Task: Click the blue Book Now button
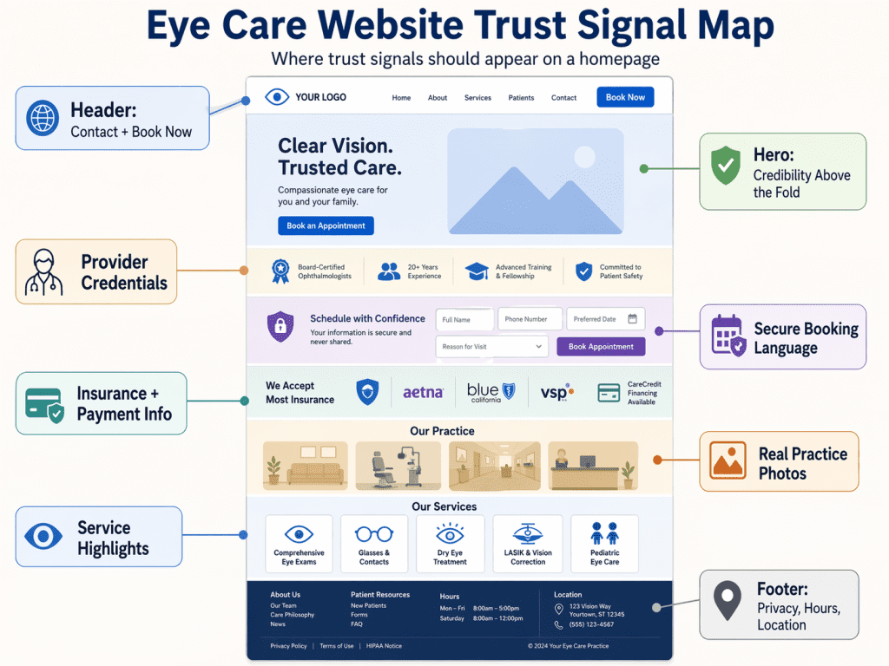(x=625, y=97)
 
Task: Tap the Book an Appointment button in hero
(x=326, y=225)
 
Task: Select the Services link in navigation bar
(x=477, y=98)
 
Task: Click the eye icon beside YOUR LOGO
(x=276, y=97)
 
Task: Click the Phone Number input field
(x=530, y=319)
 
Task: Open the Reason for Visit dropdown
(x=492, y=347)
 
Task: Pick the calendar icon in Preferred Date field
(x=633, y=318)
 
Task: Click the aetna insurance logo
(x=423, y=393)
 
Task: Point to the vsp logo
(x=556, y=393)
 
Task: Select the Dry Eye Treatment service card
(x=450, y=544)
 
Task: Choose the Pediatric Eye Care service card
(x=604, y=544)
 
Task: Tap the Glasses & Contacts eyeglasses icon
(x=374, y=533)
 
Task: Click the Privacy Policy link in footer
(x=288, y=646)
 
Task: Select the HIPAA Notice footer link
(x=384, y=646)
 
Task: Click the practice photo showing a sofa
(x=305, y=467)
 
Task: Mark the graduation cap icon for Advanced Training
(x=477, y=271)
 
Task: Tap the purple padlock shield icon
(x=280, y=326)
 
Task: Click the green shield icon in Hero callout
(x=725, y=165)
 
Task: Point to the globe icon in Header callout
(x=43, y=118)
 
